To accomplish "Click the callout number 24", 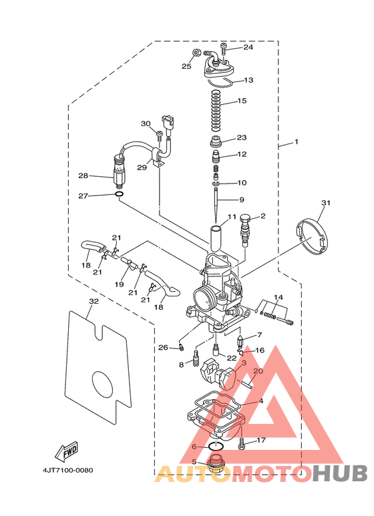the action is (248, 47).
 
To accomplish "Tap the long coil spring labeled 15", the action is (215, 109).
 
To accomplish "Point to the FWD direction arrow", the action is (67, 451).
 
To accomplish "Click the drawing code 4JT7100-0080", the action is (68, 470).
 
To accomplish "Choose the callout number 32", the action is (93, 301).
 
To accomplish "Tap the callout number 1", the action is (297, 142).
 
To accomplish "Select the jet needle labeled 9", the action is (216, 205).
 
